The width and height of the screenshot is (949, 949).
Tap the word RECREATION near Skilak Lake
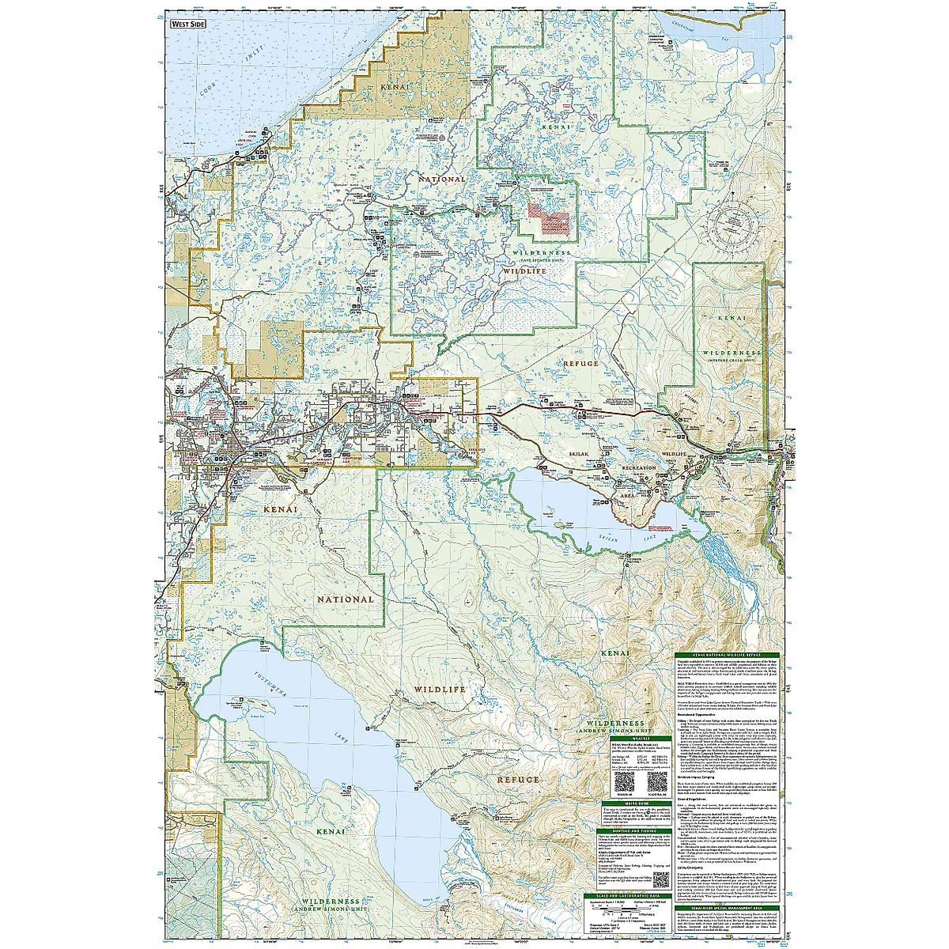click(639, 468)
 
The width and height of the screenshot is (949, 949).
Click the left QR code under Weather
click(622, 783)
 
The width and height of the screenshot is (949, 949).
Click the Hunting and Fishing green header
click(634, 831)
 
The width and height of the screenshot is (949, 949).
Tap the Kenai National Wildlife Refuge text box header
click(727, 656)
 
